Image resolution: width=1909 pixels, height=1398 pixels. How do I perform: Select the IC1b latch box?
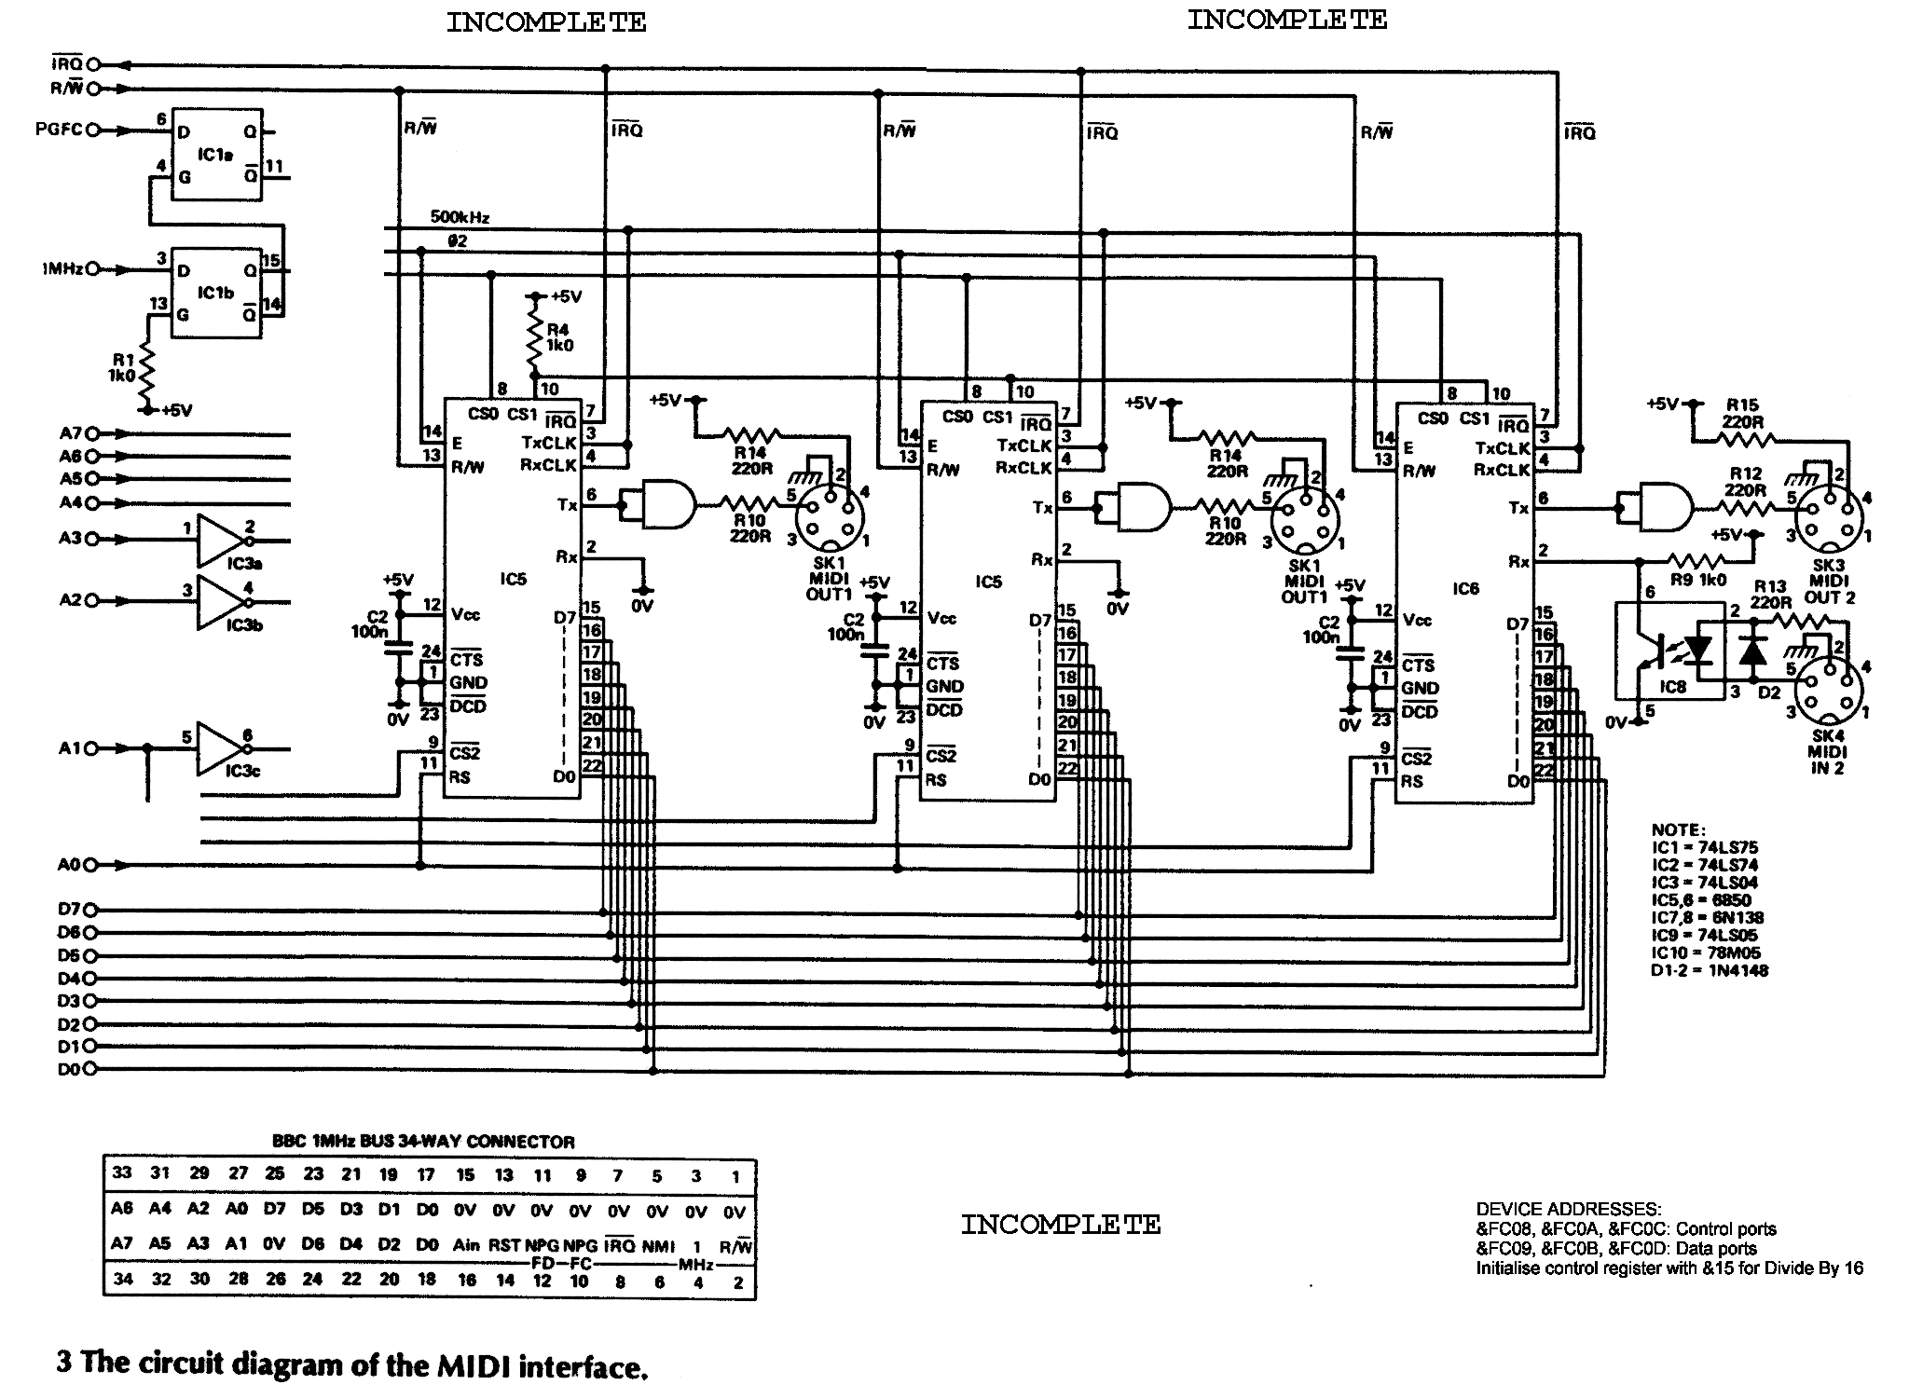tap(215, 292)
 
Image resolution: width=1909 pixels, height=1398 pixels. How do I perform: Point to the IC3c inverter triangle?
tap(219, 749)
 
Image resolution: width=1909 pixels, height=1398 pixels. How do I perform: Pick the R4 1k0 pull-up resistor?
tap(535, 337)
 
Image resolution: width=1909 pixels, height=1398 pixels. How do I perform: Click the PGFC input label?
tap(58, 130)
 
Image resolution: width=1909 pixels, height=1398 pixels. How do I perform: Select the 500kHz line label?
tap(460, 217)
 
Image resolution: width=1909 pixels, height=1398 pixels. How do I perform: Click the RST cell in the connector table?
tap(503, 1245)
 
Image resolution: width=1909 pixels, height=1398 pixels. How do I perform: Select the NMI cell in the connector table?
tap(657, 1245)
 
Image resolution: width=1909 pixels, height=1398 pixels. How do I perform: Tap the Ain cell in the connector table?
tap(465, 1245)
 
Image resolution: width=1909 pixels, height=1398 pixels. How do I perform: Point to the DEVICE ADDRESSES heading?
tap(1568, 1210)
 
